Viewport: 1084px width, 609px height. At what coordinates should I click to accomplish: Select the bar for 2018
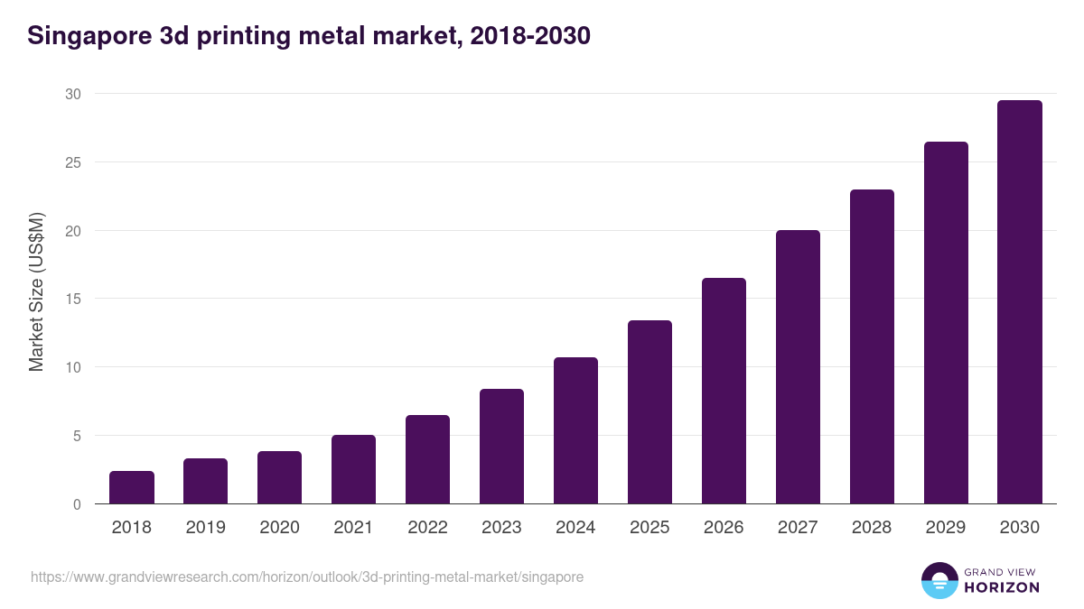click(x=132, y=487)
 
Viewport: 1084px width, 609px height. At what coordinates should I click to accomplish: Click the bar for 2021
click(x=353, y=469)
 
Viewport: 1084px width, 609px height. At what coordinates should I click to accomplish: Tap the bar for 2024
click(x=575, y=430)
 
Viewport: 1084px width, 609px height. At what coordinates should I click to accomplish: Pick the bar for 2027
click(x=798, y=367)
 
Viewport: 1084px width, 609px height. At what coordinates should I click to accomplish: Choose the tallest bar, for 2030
click(x=1020, y=302)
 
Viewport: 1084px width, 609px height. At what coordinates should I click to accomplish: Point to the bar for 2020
click(x=279, y=477)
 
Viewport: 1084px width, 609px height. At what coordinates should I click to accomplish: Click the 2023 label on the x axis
click(x=501, y=528)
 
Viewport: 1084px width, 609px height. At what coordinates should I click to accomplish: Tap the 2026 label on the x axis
click(x=724, y=528)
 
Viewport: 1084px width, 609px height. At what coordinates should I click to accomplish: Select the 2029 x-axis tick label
click(x=946, y=528)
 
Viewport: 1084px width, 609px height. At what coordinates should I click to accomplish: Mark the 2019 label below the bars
click(x=205, y=528)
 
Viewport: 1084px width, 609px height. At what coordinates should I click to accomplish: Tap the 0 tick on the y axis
click(x=77, y=504)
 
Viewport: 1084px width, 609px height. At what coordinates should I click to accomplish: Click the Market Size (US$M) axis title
click(x=36, y=291)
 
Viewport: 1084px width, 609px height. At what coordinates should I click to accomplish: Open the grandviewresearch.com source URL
click(x=307, y=577)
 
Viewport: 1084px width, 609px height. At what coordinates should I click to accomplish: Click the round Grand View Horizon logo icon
click(x=939, y=581)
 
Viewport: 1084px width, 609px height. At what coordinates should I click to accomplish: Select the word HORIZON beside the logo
click(x=1002, y=587)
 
